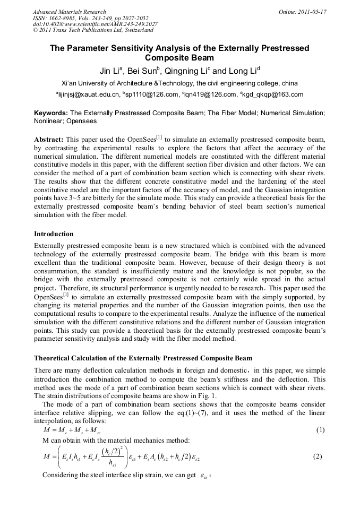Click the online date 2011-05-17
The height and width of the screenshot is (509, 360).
coord(303,12)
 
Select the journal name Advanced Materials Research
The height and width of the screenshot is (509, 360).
coord(70,12)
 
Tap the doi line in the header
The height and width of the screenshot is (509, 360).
coord(95,24)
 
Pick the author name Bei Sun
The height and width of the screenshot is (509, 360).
coord(148,71)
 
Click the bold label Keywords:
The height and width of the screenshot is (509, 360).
coord(51,113)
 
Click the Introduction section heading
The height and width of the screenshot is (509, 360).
coord(54,234)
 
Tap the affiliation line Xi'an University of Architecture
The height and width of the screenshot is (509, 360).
coord(179,83)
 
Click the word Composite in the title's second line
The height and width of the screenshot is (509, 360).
coord(169,58)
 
